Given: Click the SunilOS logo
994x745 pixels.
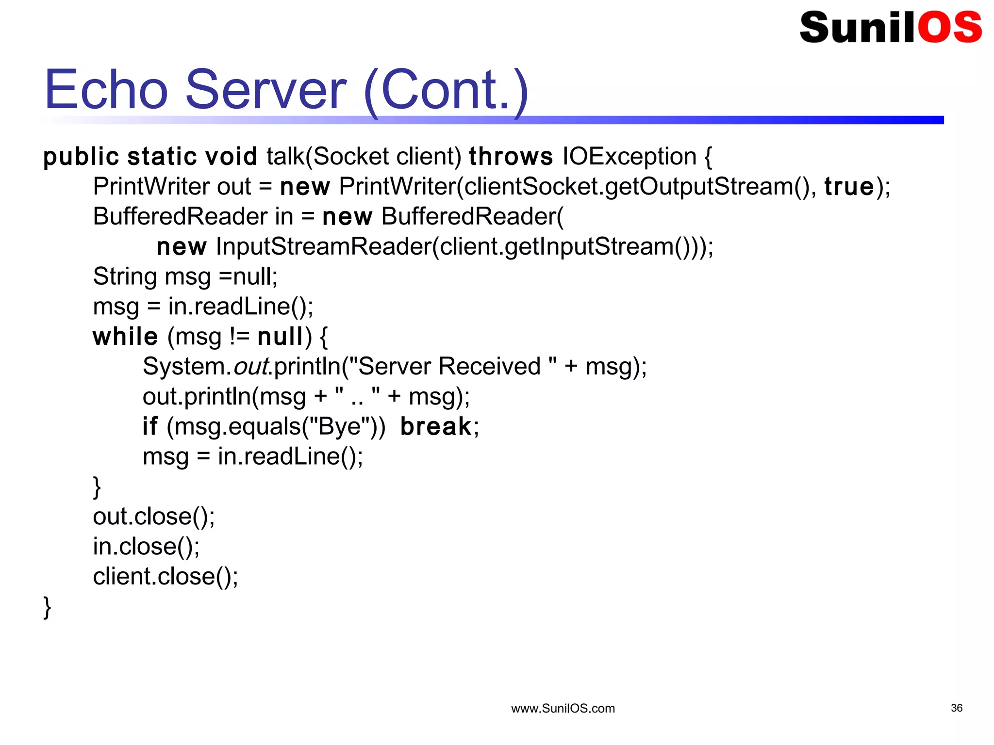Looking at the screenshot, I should [x=891, y=27].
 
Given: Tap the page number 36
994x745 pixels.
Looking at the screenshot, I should [x=956, y=708].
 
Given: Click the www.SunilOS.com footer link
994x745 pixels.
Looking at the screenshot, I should [x=563, y=709].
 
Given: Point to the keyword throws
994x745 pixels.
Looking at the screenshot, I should [x=511, y=157].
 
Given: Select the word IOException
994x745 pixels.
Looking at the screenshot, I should [x=630, y=157].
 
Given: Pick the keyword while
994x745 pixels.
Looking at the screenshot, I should [x=125, y=337].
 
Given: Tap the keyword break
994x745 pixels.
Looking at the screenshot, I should [x=436, y=427].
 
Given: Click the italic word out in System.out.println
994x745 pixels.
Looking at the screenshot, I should [x=251, y=367].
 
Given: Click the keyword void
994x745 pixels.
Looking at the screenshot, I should [x=231, y=157].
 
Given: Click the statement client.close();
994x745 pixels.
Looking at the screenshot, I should [x=166, y=577].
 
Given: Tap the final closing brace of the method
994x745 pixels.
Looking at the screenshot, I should [x=47, y=607].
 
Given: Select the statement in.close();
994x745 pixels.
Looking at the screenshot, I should [x=146, y=547].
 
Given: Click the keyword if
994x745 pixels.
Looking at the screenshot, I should [x=150, y=427].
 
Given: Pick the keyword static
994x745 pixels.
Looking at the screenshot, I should [x=162, y=157].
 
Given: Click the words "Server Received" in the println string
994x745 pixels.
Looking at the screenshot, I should [x=449, y=367].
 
